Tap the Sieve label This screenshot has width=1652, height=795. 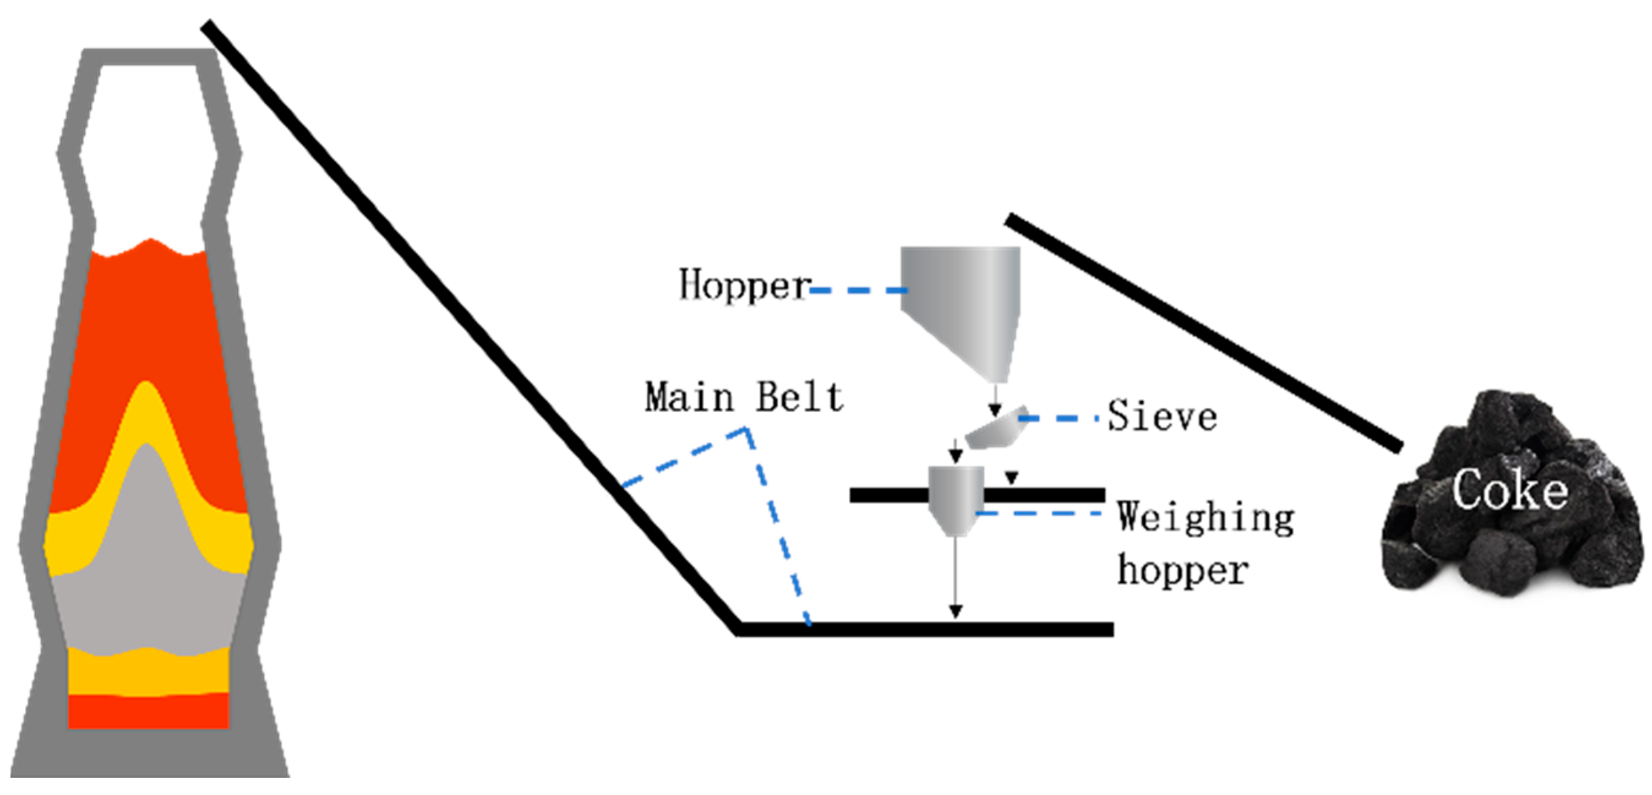1162,417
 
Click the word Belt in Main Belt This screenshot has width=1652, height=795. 798,398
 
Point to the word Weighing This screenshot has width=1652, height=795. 1205,518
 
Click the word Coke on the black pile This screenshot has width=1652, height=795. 1509,491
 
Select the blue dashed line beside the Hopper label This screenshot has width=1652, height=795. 859,291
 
